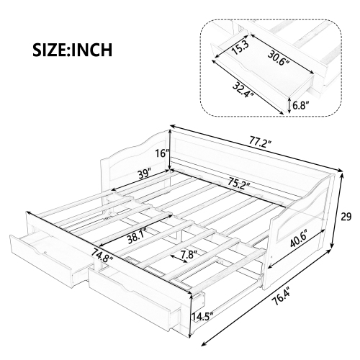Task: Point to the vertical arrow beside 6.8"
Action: coord(289,105)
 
